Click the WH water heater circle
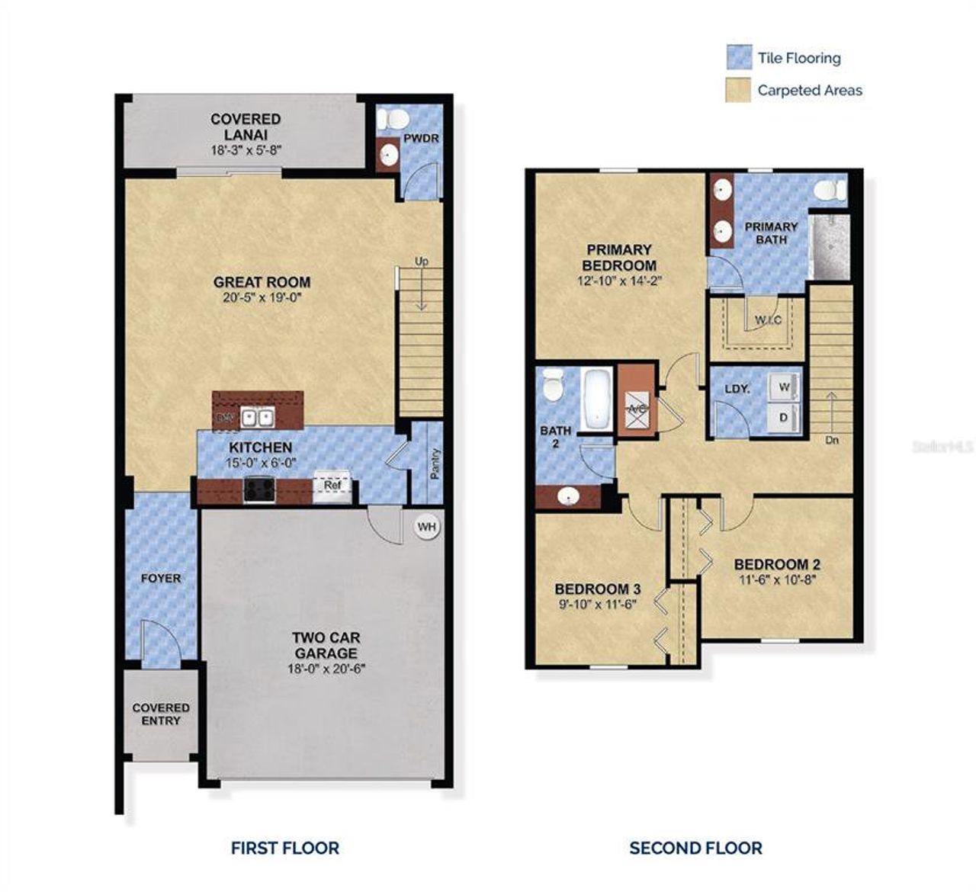point(426,527)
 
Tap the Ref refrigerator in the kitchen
point(332,486)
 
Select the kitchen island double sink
point(258,417)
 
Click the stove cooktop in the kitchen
point(259,489)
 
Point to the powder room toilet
point(394,119)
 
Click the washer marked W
point(785,387)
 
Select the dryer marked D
point(784,418)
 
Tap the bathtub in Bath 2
point(596,399)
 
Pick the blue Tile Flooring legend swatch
point(739,57)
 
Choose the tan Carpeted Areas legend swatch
point(739,90)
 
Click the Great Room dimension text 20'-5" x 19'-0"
point(262,298)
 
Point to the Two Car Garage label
point(326,645)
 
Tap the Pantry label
point(435,464)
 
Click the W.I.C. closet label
point(768,320)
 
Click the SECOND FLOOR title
point(695,848)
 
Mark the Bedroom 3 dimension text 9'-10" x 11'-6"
point(597,605)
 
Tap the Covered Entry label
point(161,714)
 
